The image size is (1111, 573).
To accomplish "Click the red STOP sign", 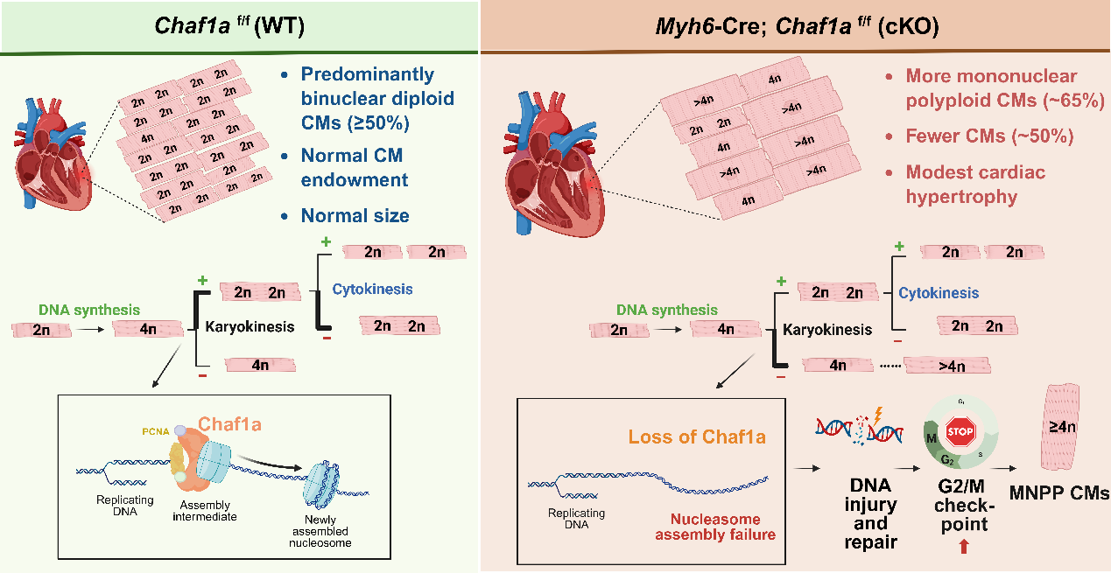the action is click(x=960, y=431).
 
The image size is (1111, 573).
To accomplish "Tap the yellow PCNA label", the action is click(x=156, y=432).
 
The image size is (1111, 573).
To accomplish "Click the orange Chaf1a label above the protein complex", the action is click(x=229, y=424).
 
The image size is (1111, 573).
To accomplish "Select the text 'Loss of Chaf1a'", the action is click(x=697, y=437).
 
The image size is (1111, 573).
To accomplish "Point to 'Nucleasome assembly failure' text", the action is click(x=715, y=527).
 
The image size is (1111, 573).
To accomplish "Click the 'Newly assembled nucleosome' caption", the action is click(x=320, y=531).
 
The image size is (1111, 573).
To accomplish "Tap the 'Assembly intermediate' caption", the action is click(x=205, y=511).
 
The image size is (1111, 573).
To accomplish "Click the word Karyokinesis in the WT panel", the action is click(x=250, y=326).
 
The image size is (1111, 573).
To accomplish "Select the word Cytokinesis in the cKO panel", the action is click(x=939, y=293).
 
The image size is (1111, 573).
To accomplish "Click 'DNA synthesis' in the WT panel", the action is click(x=89, y=310).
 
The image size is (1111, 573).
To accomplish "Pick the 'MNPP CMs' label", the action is click(x=1059, y=493).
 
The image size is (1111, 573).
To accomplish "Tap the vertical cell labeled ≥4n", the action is click(x=1061, y=427).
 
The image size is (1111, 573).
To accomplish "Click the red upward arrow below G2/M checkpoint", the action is click(x=964, y=546).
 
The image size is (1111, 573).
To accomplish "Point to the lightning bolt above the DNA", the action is click(x=878, y=415).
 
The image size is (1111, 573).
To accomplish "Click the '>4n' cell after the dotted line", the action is click(x=947, y=366).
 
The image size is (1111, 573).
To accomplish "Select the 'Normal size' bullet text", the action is click(x=355, y=215).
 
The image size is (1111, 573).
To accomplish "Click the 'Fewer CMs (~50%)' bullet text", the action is click(x=989, y=136).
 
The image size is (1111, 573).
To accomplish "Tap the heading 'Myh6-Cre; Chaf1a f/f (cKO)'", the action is click(x=797, y=26).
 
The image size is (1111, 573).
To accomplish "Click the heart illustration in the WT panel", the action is click(x=53, y=153).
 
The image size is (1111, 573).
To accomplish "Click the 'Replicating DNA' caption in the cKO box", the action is click(x=576, y=519).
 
